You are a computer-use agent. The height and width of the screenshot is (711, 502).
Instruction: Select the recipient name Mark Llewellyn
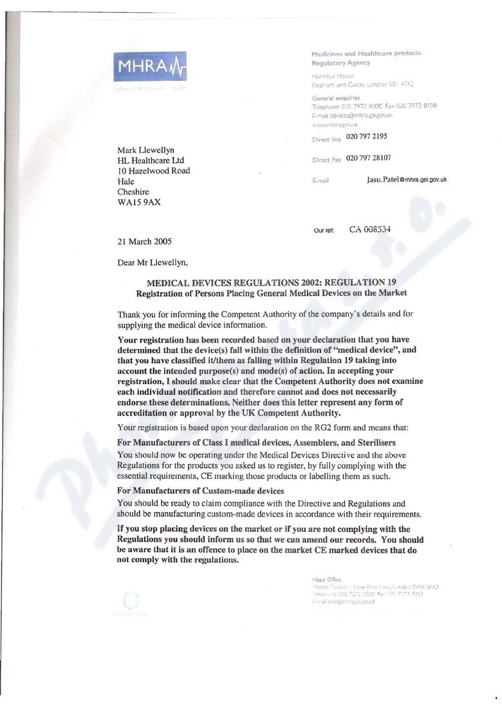(146, 150)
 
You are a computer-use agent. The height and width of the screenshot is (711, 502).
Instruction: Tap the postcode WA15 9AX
(140, 202)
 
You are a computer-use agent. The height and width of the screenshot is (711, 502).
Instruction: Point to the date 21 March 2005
(145, 242)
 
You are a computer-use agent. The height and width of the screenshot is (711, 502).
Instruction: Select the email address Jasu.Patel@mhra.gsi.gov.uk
(406, 180)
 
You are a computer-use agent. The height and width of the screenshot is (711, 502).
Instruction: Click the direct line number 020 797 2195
(366, 136)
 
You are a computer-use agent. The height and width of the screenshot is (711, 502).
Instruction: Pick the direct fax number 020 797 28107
(368, 158)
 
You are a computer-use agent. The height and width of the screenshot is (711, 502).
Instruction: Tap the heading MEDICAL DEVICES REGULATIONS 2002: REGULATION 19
(271, 282)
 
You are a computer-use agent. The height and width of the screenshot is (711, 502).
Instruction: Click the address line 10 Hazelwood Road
(154, 171)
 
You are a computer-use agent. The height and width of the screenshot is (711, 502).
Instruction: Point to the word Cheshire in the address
(133, 192)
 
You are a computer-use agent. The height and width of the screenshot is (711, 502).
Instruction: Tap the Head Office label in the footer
(326, 579)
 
